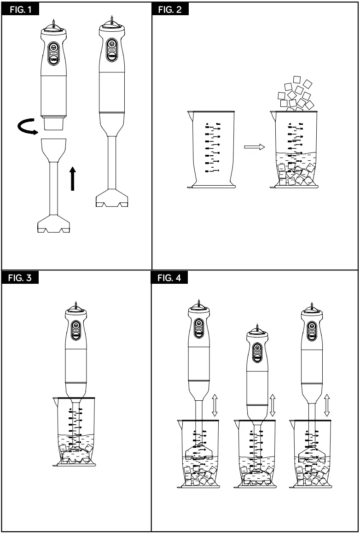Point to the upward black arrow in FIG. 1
[72, 179]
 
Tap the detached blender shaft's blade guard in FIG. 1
[53, 225]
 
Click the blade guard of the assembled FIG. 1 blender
[112, 198]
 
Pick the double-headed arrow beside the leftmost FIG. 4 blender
[215, 405]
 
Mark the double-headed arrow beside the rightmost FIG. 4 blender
[327, 405]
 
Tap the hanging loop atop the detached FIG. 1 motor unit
[54, 24]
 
